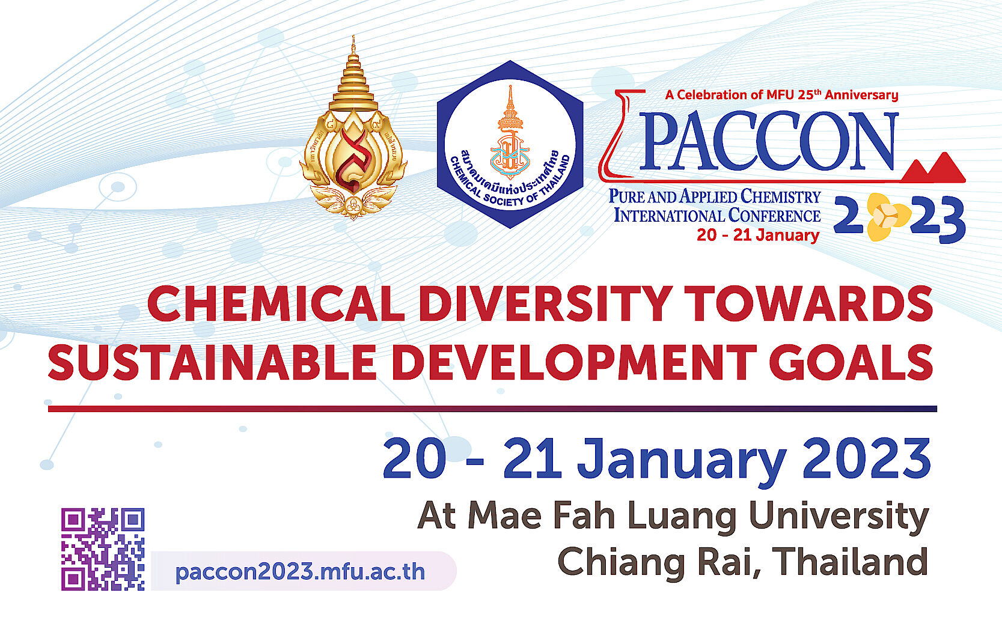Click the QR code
click(103, 549)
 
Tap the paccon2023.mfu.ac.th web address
click(299, 571)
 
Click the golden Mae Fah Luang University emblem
click(353, 138)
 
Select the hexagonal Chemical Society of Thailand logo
click(510, 144)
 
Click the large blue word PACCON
click(769, 142)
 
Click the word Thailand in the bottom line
click(851, 561)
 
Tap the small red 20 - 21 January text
click(758, 236)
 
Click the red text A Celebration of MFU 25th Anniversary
click(781, 95)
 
